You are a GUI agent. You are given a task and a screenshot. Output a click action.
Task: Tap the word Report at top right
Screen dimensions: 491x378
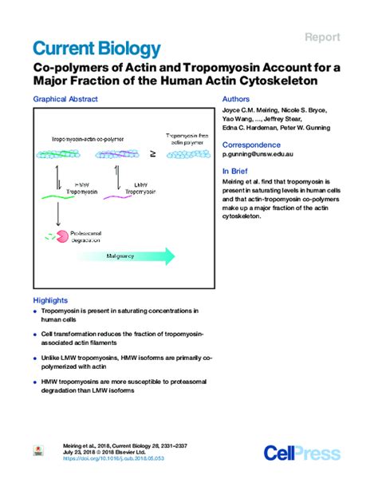(323, 37)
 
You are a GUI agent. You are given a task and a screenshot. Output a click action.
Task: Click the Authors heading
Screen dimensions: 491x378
(238, 100)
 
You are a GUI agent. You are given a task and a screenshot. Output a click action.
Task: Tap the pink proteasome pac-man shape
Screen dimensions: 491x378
(53, 236)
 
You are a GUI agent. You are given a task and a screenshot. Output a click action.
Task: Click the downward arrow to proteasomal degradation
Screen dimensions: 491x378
(57, 213)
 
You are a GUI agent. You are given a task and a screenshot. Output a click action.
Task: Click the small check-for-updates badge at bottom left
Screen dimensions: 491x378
(37, 452)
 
